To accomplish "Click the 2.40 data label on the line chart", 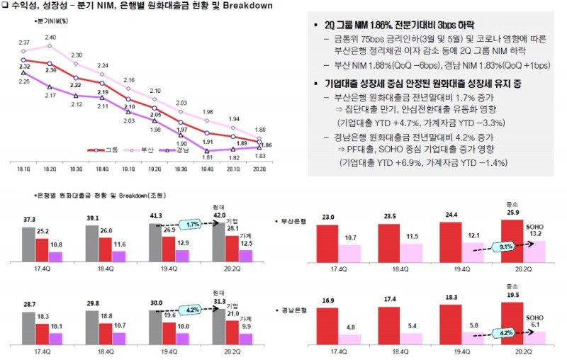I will click(50, 37).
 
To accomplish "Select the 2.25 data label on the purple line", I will click(25, 81).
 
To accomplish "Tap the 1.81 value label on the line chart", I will click(207, 158).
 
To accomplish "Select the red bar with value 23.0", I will click(327, 243).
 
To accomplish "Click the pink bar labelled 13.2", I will click(535, 252).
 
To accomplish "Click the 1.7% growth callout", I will click(192, 225).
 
